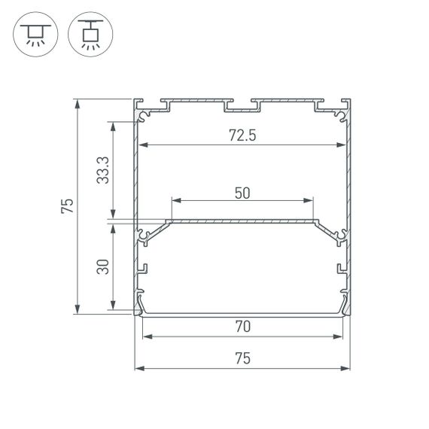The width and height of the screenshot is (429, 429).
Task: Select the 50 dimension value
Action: (242, 192)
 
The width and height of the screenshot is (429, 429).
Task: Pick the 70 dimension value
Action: (242, 327)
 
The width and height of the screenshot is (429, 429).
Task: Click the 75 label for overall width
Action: (242, 359)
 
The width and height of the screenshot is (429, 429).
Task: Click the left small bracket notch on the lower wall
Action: (143, 267)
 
